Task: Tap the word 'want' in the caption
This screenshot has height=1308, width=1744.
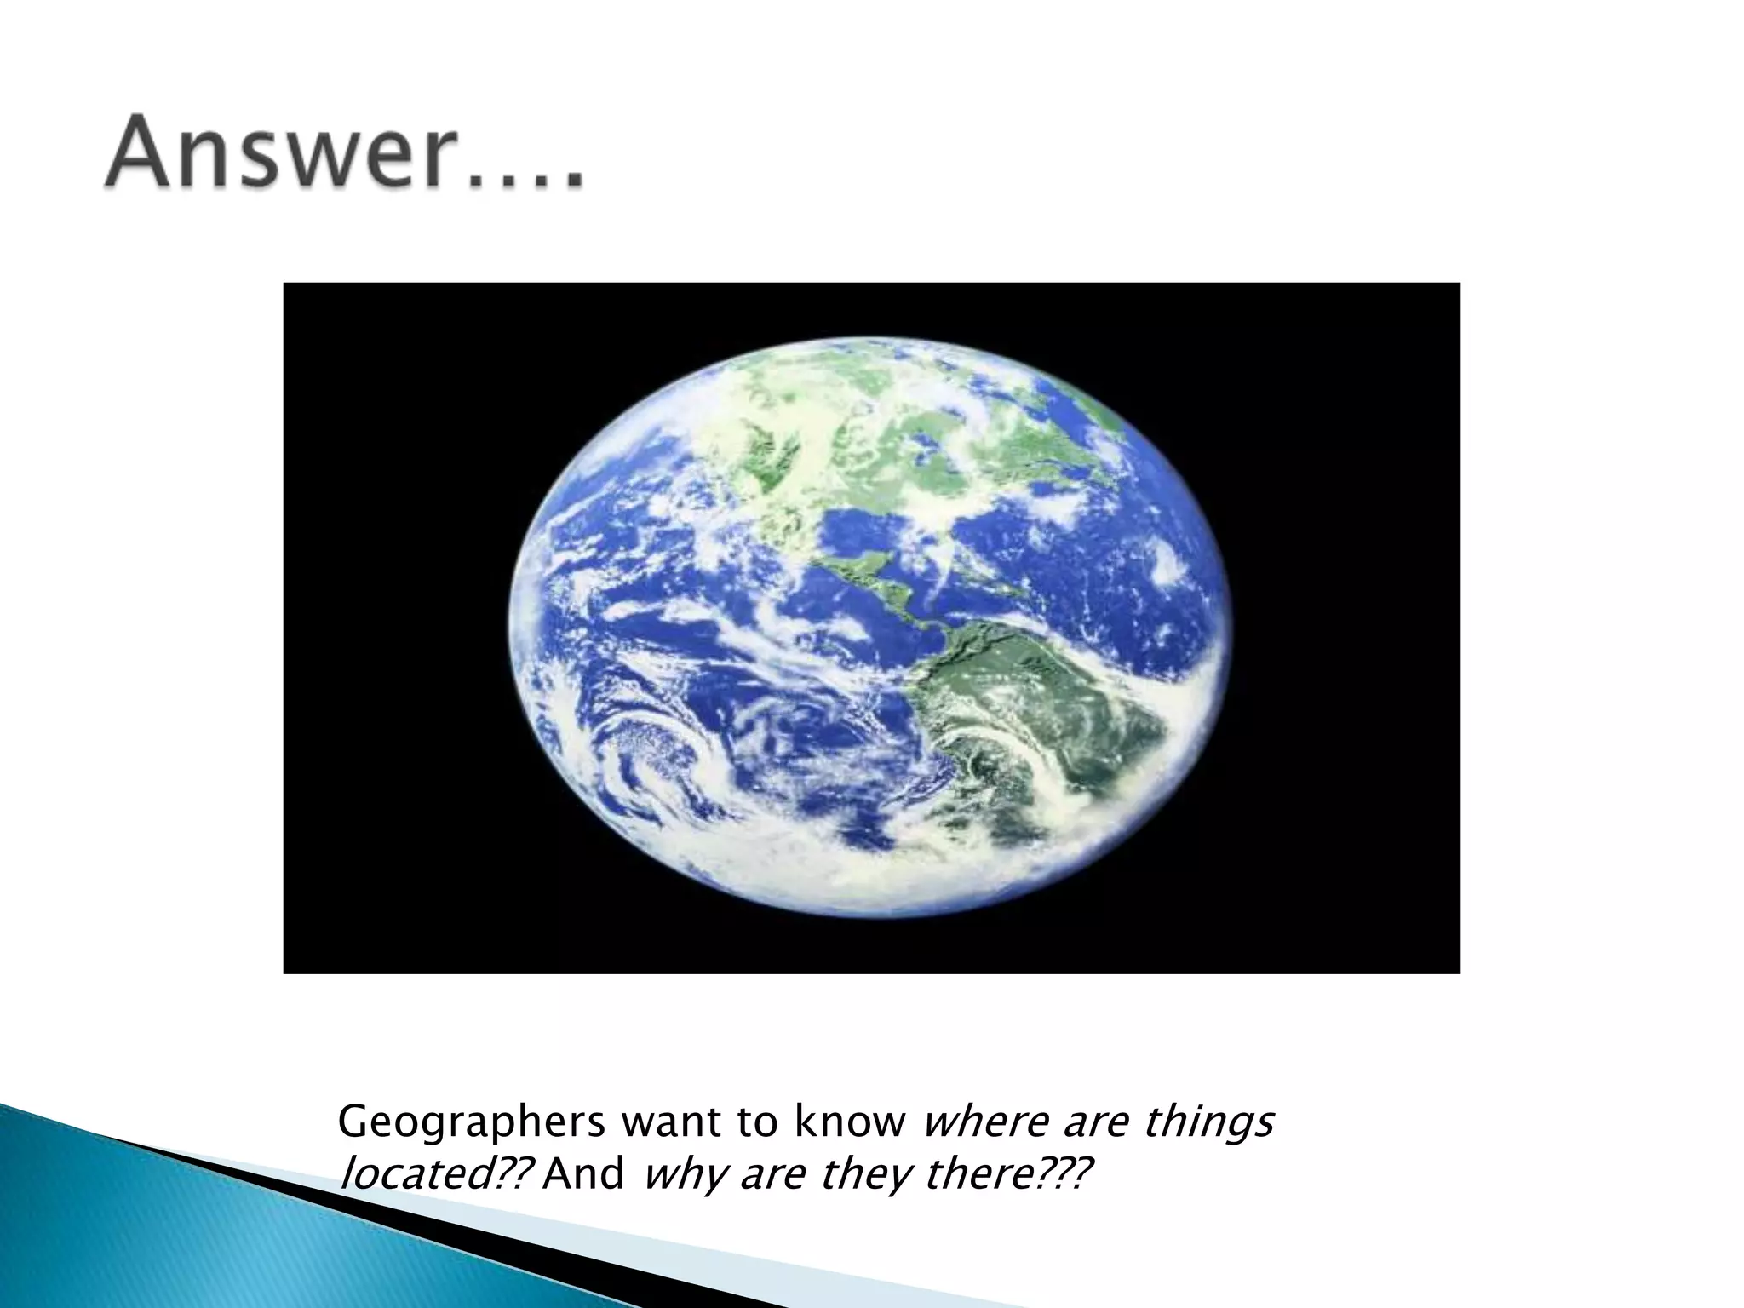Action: tap(672, 1123)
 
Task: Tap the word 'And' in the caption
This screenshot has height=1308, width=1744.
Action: tap(584, 1176)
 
